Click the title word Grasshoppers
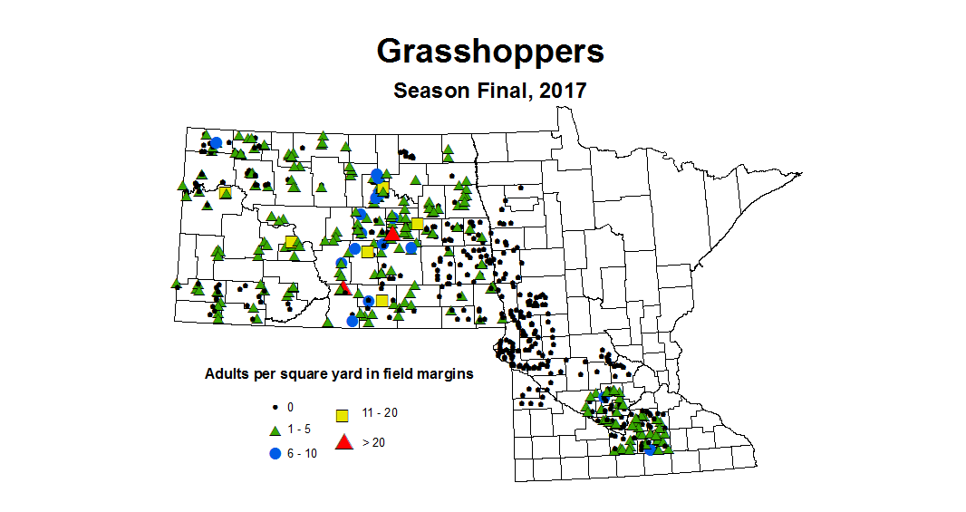point(489,52)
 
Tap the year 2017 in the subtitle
point(563,91)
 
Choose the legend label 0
point(291,407)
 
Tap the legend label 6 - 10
point(304,453)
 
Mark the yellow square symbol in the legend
point(343,415)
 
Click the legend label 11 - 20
point(380,412)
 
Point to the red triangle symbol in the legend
point(343,442)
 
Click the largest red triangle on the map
point(391,234)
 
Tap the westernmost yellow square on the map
point(225,192)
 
